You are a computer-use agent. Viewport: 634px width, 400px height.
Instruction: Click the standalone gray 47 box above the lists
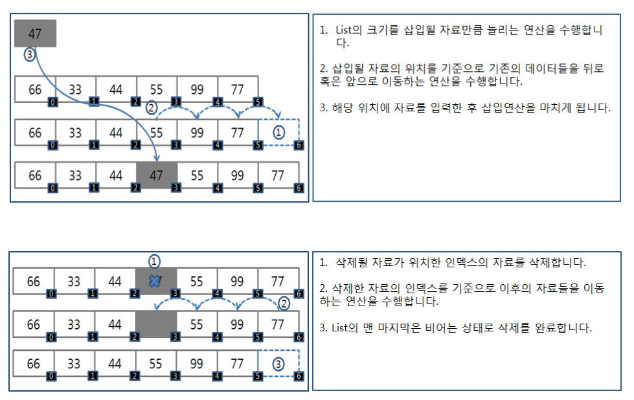[x=35, y=34]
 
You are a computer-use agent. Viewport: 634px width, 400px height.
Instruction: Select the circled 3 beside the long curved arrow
[x=29, y=55]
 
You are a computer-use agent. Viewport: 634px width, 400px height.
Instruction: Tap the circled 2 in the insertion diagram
[x=152, y=108]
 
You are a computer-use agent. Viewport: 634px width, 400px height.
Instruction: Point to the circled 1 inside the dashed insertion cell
[x=278, y=132]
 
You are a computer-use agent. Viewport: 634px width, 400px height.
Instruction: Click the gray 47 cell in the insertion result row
[x=156, y=175]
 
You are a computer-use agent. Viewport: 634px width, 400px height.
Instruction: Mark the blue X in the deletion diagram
[x=155, y=281]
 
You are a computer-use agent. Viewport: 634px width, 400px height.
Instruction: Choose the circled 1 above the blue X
[x=154, y=261]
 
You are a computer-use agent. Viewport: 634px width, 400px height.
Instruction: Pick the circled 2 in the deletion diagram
[x=283, y=303]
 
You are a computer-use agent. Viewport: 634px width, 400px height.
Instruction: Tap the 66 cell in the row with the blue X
[x=33, y=282]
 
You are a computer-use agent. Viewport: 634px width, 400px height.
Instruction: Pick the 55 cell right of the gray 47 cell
[x=196, y=175]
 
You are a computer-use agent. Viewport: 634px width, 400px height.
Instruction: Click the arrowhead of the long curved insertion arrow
[x=157, y=159]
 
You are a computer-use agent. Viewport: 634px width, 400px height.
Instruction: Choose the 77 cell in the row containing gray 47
[x=278, y=175]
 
